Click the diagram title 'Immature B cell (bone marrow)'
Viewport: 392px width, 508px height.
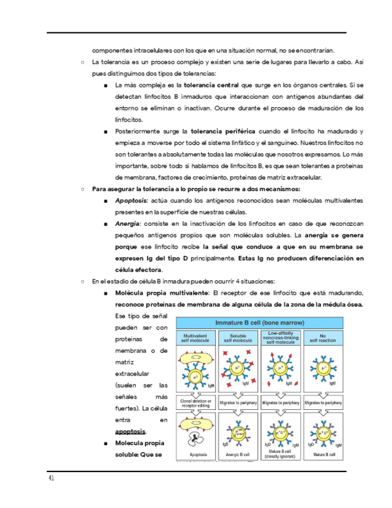point(260,322)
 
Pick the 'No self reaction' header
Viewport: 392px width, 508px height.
point(323,337)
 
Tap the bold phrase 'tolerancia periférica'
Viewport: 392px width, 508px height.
point(223,131)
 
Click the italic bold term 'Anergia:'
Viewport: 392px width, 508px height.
point(128,223)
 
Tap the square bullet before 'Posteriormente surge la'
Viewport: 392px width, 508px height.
point(105,131)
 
